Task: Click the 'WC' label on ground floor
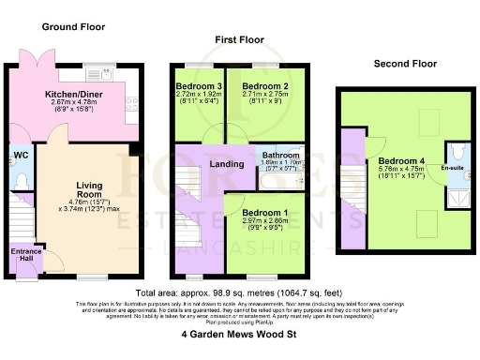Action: click(x=19, y=156)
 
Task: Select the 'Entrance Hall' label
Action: click(x=25, y=255)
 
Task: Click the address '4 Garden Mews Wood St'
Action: click(x=239, y=334)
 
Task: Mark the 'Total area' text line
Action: click(x=239, y=292)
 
